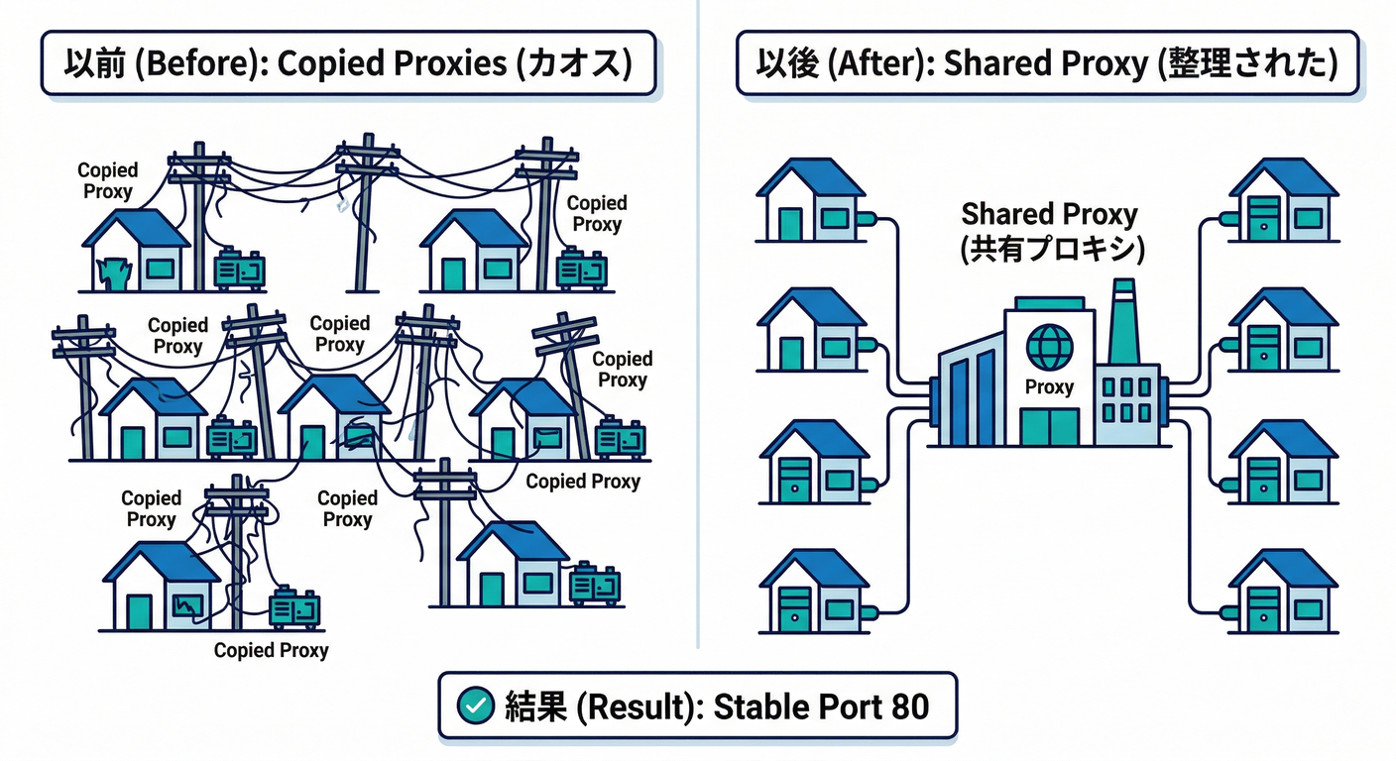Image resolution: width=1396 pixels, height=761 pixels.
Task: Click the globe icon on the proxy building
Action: point(1049,348)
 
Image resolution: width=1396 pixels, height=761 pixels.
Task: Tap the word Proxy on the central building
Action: point(1049,387)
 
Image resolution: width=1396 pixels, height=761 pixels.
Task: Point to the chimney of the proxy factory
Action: point(1123,322)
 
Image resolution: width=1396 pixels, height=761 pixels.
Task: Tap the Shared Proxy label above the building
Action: point(1049,213)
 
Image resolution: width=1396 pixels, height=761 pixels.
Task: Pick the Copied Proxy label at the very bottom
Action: point(271,651)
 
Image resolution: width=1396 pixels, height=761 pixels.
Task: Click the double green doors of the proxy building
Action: point(1049,426)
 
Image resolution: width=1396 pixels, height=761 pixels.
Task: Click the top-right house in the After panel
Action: point(1283,201)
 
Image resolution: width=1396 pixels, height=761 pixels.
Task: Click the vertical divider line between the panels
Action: point(698,327)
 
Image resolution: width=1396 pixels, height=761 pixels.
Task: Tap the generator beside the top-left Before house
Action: point(240,269)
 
